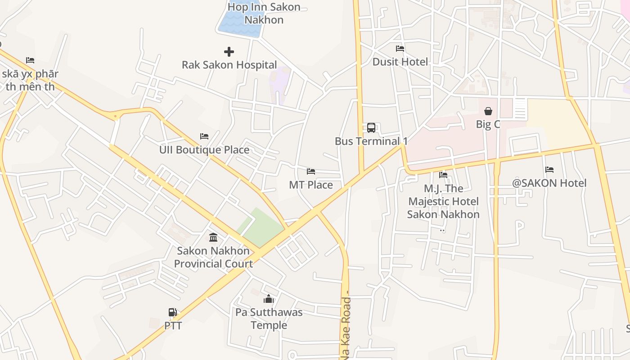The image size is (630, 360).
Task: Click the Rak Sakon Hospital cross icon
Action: click(x=229, y=52)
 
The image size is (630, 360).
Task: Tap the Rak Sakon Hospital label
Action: click(x=229, y=65)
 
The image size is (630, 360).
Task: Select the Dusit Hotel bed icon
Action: click(x=400, y=49)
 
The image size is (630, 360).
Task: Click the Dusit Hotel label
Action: click(x=400, y=62)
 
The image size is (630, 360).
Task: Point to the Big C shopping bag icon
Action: click(x=488, y=111)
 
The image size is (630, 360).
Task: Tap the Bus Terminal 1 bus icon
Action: click(x=371, y=128)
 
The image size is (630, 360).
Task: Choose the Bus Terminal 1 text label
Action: click(x=371, y=141)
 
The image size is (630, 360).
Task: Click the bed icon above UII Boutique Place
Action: click(x=204, y=136)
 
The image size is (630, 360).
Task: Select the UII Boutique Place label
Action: click(x=204, y=150)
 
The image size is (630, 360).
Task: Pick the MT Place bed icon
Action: click(x=311, y=171)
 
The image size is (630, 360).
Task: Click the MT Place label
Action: click(x=311, y=185)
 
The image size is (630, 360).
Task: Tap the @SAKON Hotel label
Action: click(x=549, y=183)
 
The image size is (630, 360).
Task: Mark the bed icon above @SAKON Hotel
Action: click(x=549, y=170)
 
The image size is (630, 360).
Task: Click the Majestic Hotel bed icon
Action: click(x=443, y=175)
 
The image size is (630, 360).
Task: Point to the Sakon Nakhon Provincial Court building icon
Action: click(x=213, y=237)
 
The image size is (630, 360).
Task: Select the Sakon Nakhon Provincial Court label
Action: click(x=213, y=257)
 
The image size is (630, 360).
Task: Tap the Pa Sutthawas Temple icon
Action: click(x=269, y=299)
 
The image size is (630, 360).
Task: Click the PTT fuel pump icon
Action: click(x=173, y=312)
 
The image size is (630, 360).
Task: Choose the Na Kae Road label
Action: click(x=346, y=328)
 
